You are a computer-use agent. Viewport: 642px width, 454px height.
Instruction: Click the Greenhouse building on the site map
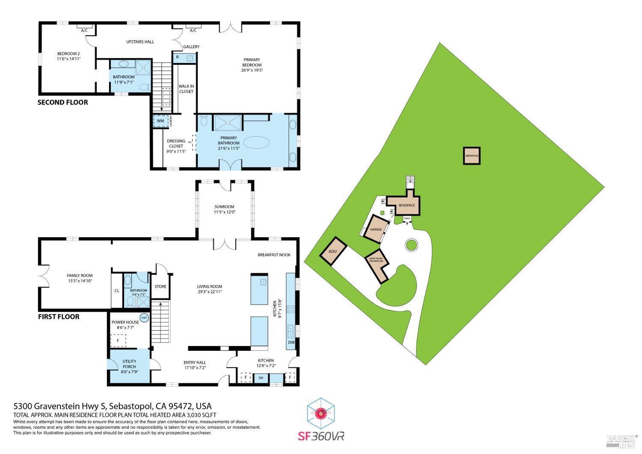point(472,155)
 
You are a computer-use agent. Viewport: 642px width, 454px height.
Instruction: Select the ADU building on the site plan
point(333,251)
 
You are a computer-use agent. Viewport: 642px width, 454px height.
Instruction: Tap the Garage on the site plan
point(376,229)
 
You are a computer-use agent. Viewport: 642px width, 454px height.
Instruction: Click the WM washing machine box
point(161,121)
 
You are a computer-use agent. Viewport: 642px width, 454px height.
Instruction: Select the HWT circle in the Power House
point(144,318)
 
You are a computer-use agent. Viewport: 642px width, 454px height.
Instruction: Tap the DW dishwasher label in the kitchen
point(291,342)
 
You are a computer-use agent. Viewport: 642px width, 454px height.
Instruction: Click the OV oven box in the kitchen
point(261,378)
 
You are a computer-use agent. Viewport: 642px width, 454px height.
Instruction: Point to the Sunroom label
point(225,209)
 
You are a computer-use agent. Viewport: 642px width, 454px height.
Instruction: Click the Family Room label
point(80,278)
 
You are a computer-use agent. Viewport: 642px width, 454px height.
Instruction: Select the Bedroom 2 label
point(68,56)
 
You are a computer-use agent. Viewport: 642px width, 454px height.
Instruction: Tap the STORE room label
point(160,287)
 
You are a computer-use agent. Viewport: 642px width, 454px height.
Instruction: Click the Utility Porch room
point(129,364)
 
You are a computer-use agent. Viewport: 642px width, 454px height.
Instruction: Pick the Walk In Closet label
point(186,89)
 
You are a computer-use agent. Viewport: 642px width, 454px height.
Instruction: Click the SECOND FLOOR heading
point(62,102)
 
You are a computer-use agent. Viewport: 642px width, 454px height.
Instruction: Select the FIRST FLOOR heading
point(59,317)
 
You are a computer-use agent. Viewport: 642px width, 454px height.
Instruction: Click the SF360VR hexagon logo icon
point(321,414)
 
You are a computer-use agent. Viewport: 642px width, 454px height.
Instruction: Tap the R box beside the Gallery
point(178,57)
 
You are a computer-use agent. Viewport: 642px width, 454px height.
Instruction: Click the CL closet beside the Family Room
point(117,291)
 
